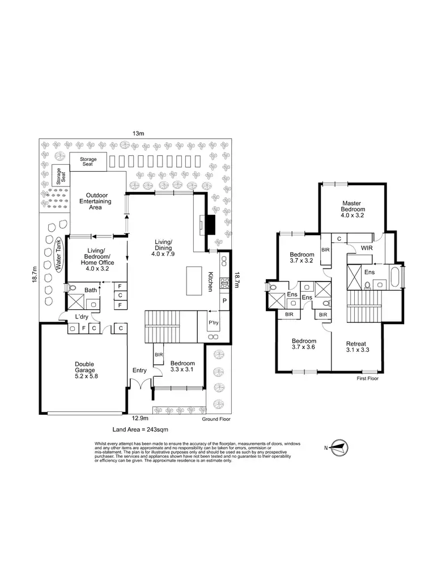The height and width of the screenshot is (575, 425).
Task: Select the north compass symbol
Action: [339, 448]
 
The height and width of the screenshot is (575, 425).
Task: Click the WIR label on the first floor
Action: [366, 248]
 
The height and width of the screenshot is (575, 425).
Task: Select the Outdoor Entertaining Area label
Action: [95, 201]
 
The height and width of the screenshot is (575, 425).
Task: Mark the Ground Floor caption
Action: [216, 420]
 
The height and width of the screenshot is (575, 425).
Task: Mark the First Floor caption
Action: [367, 379]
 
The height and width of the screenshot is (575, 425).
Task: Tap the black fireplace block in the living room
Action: [210, 224]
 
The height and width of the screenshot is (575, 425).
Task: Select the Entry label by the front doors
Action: [139, 370]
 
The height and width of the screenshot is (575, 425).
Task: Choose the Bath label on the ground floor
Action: [91, 290]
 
